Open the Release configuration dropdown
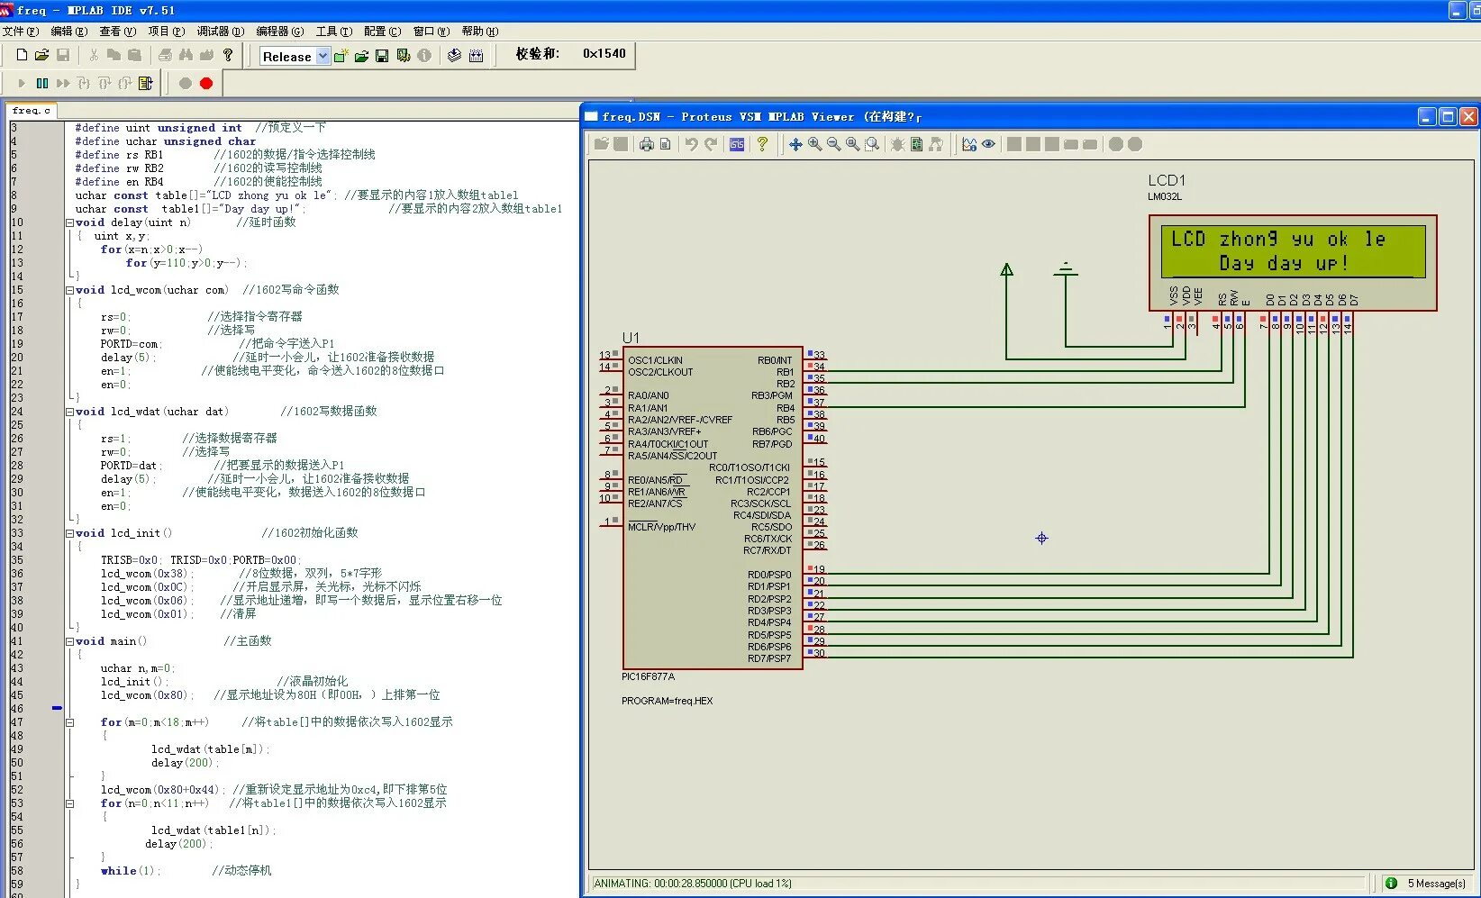323,56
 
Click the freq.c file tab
31,111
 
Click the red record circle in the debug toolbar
206,83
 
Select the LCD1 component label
1167,180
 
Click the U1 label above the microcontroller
631,338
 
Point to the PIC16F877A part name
648,676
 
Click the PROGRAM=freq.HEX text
667,701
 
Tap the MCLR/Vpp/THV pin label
661,527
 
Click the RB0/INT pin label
775,360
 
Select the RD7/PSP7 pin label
769,658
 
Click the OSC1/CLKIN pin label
655,360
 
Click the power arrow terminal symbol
1007,269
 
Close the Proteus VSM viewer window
1468,117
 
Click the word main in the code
123,641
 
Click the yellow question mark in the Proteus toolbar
762,144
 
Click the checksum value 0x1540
604,54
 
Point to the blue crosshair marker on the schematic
1041,539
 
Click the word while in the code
118,871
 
